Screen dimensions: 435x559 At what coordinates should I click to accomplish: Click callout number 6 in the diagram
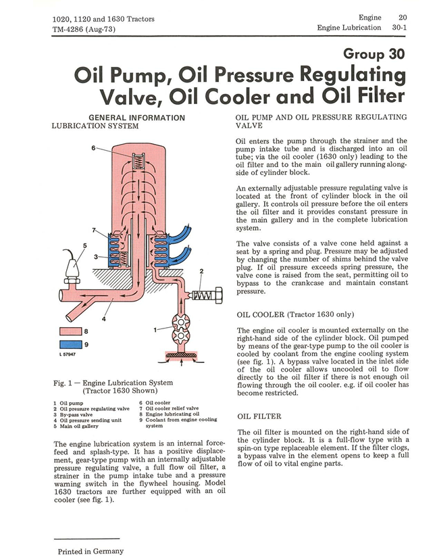click(93, 147)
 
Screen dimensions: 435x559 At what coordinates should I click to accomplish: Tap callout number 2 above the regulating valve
click(201, 271)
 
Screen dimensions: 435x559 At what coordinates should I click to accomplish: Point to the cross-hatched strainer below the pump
click(181, 355)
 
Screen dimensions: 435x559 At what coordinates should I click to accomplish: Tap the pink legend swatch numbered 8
click(70, 331)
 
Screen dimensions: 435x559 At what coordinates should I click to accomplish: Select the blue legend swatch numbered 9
click(70, 345)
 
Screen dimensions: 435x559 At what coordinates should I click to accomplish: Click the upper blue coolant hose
click(179, 233)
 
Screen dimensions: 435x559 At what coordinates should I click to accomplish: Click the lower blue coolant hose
click(180, 255)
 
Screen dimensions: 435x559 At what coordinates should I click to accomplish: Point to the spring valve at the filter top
click(138, 162)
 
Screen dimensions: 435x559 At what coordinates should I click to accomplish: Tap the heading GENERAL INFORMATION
click(137, 118)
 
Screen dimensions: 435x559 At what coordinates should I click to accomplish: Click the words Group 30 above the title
click(374, 54)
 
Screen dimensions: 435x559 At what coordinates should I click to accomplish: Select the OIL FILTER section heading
click(259, 416)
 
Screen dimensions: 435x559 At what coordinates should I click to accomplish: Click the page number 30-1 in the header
click(399, 28)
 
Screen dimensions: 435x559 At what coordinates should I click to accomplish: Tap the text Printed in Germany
click(91, 551)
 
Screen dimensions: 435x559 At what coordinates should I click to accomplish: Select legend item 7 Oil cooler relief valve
click(169, 408)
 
